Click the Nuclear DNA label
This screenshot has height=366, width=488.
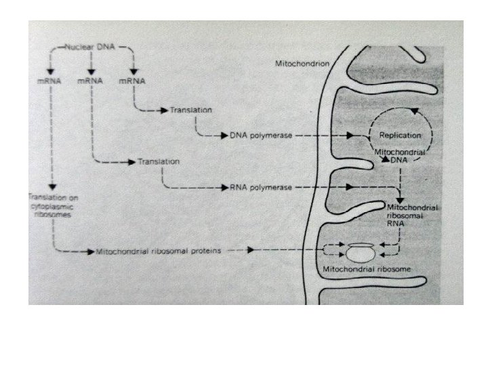[x=91, y=48]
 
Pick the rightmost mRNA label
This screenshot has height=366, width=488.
[x=133, y=81]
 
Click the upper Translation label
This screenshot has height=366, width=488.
[x=191, y=109]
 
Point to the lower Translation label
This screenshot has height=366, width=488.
[x=158, y=162]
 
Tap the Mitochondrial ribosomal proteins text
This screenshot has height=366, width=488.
[x=159, y=251]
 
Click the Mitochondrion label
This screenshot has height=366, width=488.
[x=302, y=63]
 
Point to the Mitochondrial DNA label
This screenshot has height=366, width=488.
[x=400, y=157]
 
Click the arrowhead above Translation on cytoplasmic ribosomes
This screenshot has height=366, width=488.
[x=52, y=187]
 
